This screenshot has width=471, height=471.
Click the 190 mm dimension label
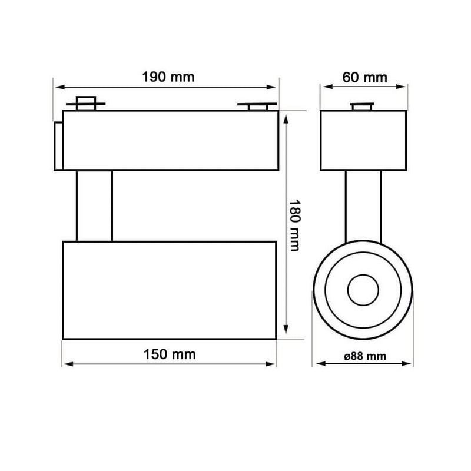168,77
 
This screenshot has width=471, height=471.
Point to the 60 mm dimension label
363,77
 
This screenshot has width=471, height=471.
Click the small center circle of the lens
361,290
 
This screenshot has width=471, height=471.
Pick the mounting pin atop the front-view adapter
363,106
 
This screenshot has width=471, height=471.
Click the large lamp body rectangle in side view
170,290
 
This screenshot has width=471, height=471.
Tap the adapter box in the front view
363,140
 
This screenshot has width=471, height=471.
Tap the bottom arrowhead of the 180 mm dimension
286,332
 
